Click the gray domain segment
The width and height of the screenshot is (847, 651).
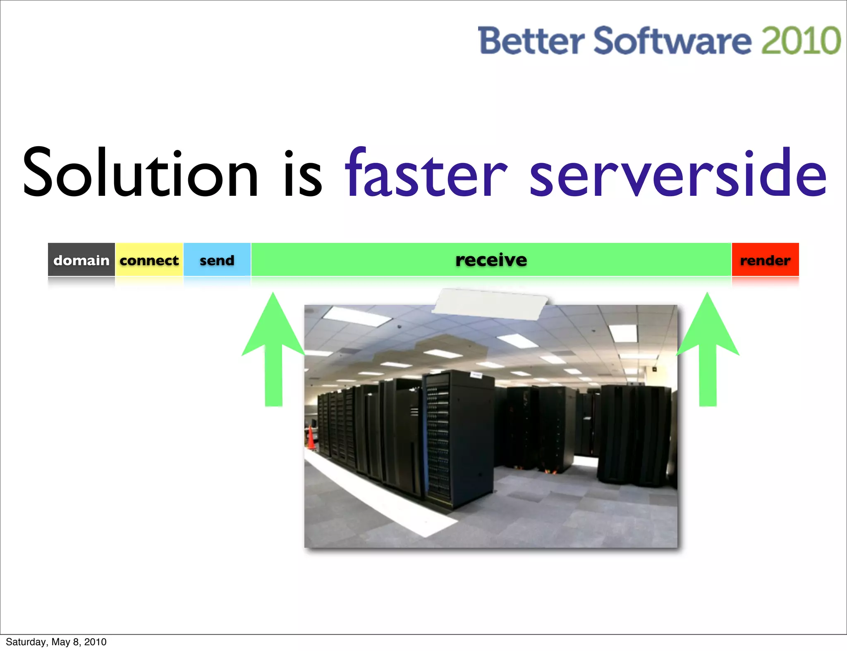[x=81, y=260]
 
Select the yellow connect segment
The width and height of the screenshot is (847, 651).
[x=149, y=260]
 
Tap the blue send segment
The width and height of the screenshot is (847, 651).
[x=217, y=260]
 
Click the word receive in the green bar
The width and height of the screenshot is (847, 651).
[x=491, y=260]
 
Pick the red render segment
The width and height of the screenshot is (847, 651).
[x=765, y=260]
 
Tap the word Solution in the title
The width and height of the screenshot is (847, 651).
[x=141, y=173]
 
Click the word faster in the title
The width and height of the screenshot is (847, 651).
[x=426, y=173]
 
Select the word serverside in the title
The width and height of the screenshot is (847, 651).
[x=678, y=173]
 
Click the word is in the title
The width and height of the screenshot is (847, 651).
[x=303, y=173]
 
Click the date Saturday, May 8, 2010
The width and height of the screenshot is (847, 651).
[x=56, y=642]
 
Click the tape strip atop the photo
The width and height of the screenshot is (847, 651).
[x=490, y=304]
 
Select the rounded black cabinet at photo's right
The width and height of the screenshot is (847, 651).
[x=635, y=434]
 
